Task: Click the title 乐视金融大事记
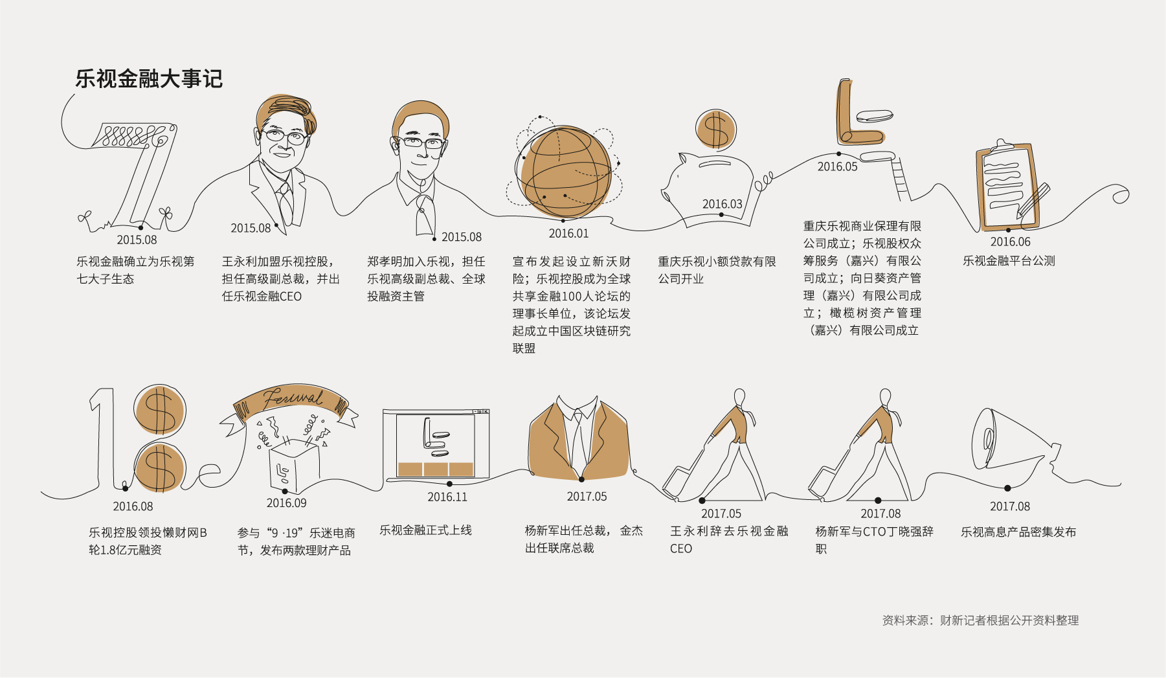[x=149, y=79]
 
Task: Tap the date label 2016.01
[x=569, y=233]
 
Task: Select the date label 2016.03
[x=723, y=204]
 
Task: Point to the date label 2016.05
[x=837, y=166]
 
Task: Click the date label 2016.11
[x=447, y=497]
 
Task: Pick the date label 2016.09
[x=287, y=503]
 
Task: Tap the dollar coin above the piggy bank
[x=715, y=130]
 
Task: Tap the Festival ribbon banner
[x=291, y=405]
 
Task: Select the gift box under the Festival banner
[x=295, y=465]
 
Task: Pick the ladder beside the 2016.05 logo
[x=901, y=179]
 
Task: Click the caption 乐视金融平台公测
[x=1009, y=261]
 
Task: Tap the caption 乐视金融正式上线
[x=425, y=530]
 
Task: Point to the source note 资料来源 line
[x=980, y=620]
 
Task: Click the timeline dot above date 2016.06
[x=1009, y=230]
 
